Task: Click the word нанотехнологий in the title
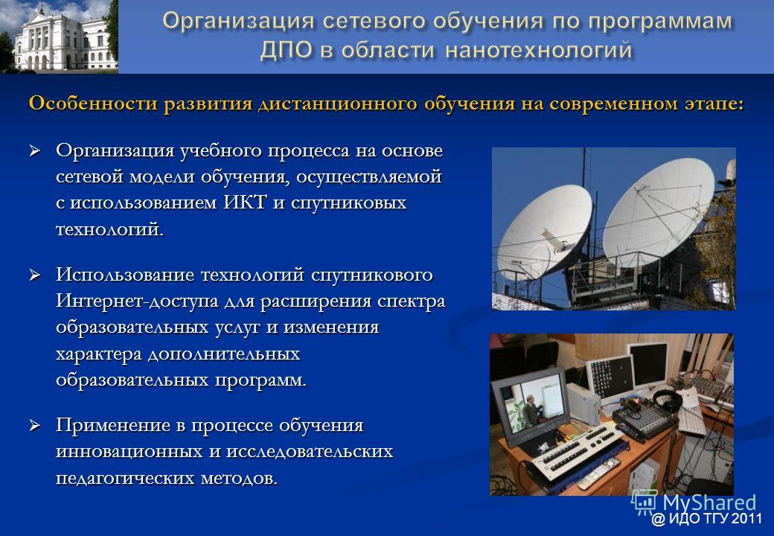539,51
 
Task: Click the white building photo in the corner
60,36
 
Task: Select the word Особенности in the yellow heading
94,104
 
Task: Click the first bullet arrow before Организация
34,150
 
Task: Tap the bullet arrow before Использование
34,275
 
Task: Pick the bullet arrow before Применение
34,425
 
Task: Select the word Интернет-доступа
137,301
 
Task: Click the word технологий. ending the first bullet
109,229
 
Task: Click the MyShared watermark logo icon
644,503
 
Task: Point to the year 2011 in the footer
746,519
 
